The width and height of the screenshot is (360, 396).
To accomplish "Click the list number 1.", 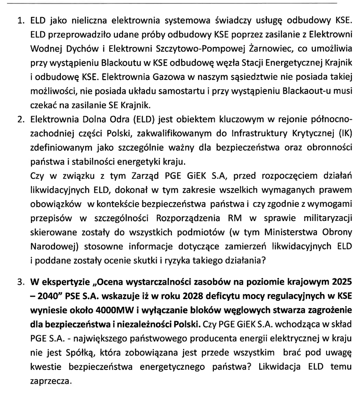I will (x=20, y=20).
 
